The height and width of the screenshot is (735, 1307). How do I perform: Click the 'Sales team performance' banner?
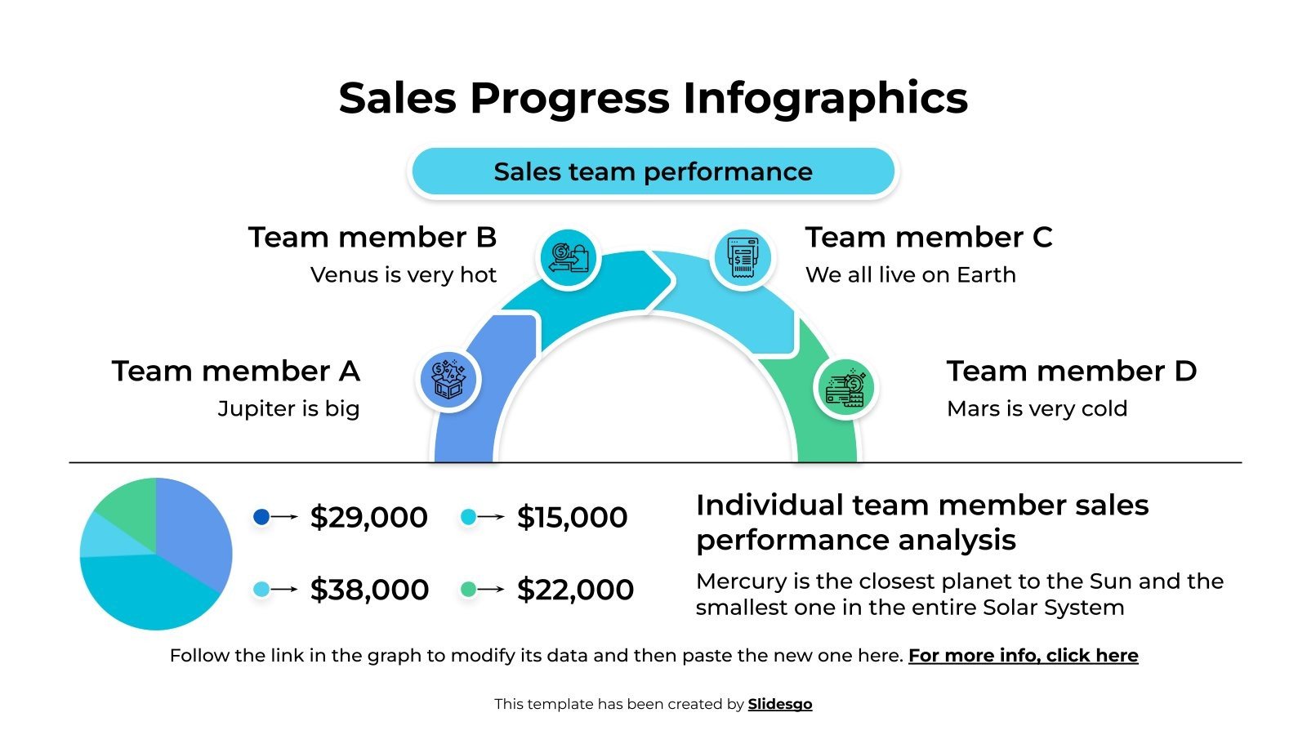653,171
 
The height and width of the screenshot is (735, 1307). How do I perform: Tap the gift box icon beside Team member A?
448,380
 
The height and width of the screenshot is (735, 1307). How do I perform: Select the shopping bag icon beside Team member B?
569,258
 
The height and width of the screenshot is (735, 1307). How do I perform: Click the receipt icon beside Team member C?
742,258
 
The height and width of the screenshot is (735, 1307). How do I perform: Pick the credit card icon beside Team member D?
845,388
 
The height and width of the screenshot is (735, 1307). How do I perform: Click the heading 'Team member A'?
236,371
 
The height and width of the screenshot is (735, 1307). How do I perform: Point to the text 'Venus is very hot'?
404,275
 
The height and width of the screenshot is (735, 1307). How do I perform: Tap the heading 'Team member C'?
929,237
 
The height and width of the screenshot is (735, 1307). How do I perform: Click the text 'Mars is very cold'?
1037,408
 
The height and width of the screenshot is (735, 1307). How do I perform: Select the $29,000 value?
368,517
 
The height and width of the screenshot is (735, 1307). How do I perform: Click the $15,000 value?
572,517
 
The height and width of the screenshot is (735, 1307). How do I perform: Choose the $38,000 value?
369,590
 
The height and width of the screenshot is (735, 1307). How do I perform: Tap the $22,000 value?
575,590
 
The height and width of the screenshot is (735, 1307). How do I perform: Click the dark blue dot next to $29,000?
261,516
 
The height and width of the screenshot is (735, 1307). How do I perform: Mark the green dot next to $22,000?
468,589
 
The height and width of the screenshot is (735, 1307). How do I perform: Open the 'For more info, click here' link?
1023,656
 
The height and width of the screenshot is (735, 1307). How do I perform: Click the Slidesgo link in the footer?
780,704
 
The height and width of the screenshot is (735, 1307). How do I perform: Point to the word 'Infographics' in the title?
825,98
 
